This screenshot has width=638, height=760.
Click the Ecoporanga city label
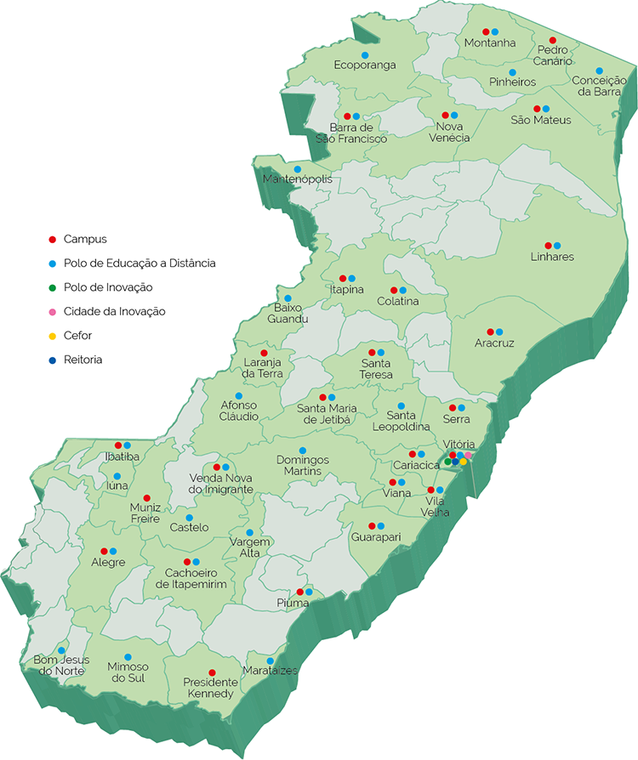click(365, 65)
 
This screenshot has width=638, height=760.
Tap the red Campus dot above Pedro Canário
click(552, 40)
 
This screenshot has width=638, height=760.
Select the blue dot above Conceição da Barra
click(599, 71)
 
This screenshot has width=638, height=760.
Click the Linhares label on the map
click(552, 257)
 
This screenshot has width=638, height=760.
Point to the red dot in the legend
click(52, 240)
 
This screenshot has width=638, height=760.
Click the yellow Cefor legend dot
click(52, 336)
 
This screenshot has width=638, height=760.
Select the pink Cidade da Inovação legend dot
click(52, 312)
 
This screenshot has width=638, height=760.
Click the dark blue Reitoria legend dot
click(52, 360)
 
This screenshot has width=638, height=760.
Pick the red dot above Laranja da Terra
click(264, 353)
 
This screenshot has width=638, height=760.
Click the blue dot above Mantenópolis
click(297, 168)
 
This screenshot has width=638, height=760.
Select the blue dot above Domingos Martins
click(302, 450)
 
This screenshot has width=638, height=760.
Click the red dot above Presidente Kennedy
click(212, 672)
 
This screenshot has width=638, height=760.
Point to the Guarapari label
click(376, 537)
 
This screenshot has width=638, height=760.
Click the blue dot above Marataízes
click(271, 661)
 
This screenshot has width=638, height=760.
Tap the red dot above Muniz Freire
click(146, 497)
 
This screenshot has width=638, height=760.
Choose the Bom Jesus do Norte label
click(61, 665)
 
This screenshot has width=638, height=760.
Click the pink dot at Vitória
click(469, 456)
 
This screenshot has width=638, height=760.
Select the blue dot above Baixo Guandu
click(288, 298)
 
